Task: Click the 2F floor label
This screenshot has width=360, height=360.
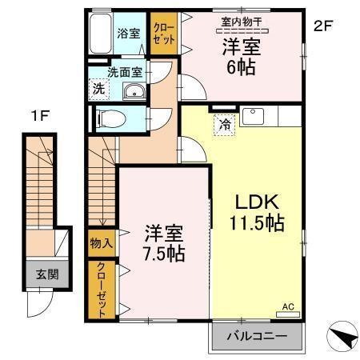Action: tap(322, 26)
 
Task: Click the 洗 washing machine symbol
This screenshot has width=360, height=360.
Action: tap(97, 89)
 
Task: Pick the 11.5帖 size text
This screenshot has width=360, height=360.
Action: tap(255, 225)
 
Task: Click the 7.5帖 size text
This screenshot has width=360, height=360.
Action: tap(165, 255)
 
